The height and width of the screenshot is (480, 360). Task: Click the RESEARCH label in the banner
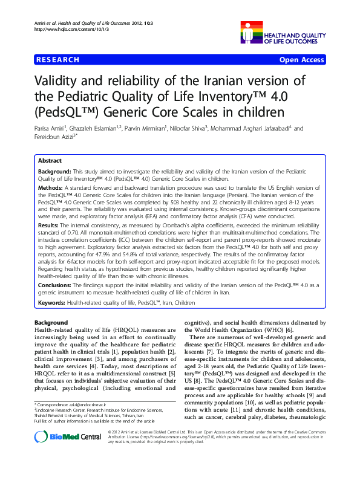click(x=57, y=60)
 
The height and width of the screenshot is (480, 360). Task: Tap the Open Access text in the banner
click(x=303, y=60)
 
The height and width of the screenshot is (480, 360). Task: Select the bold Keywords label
click(x=51, y=301)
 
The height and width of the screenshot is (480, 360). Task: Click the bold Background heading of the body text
click(x=51, y=322)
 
